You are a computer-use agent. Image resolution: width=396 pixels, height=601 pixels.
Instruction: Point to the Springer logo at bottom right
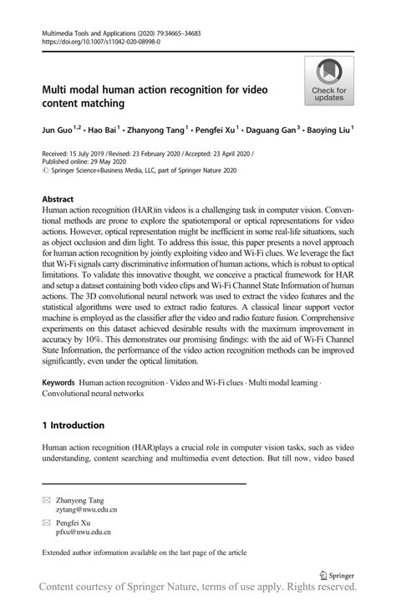click(337, 576)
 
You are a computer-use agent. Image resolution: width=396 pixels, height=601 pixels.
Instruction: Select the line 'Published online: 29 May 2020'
click(92, 163)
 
